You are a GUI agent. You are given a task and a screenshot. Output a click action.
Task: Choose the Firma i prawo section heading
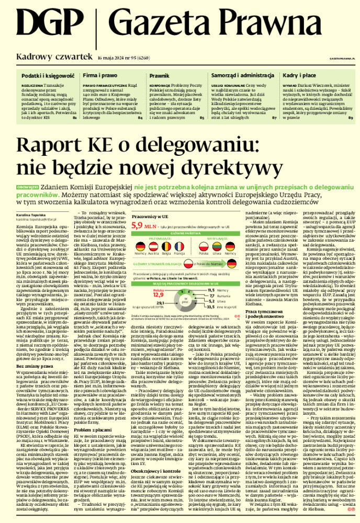point(99,76)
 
